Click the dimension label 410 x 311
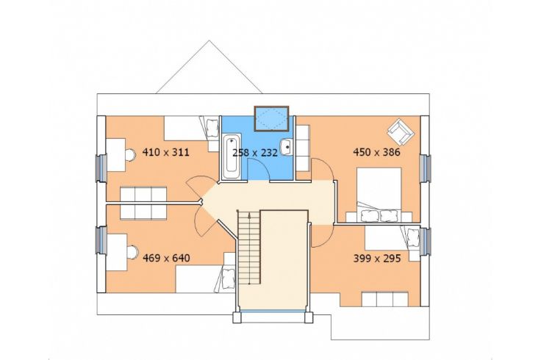166,152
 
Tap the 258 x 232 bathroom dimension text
255,152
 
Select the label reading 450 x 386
377,152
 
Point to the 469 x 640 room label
166,258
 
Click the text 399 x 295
377,259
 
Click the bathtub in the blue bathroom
231,157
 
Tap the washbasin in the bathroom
286,147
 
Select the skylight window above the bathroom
271,118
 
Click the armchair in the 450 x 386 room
400,132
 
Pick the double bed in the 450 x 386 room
379,194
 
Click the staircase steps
248,247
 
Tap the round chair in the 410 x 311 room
130,154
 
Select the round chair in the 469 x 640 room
132,252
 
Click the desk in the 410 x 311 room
115,155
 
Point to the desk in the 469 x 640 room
117,252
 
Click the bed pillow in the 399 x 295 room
412,237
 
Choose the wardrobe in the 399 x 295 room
384,299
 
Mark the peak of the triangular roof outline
209,40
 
